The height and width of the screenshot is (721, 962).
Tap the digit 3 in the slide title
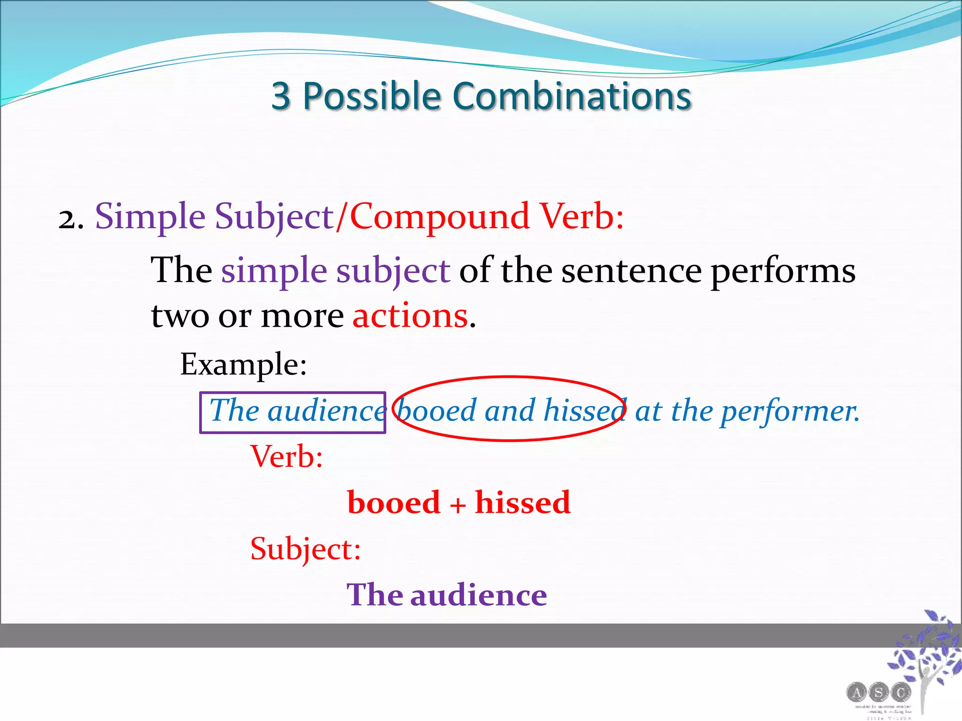click(281, 96)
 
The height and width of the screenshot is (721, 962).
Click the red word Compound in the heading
click(440, 217)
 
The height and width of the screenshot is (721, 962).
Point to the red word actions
click(410, 315)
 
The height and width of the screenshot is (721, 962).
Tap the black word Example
click(243, 364)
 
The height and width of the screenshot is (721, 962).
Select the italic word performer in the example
click(789, 411)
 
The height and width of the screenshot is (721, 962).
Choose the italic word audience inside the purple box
click(326, 411)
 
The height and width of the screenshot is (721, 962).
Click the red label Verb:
click(287, 456)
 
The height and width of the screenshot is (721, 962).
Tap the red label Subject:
click(305, 549)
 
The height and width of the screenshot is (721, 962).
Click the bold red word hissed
click(522, 502)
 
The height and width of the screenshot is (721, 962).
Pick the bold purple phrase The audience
click(447, 595)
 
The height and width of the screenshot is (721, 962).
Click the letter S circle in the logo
click(878, 692)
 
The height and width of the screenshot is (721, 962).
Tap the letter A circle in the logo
click(857, 692)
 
